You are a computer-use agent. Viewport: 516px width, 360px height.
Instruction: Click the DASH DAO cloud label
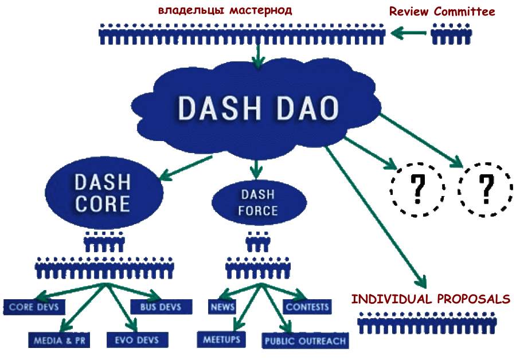pyautogui.click(x=257, y=108)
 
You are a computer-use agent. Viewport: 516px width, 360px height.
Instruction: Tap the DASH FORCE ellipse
pyautogui.click(x=259, y=202)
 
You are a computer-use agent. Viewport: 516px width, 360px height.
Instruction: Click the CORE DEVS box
pyautogui.click(x=34, y=307)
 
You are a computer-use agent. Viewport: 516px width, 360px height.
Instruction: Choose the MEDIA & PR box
pyautogui.click(x=60, y=340)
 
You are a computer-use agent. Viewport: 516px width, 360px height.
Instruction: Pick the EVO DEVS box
pyautogui.click(x=133, y=340)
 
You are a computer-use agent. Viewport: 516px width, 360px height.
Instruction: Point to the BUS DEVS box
pyautogui.click(x=160, y=307)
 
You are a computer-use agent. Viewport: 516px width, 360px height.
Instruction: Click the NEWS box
pyautogui.click(x=222, y=307)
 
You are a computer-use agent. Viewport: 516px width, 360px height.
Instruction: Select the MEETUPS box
pyautogui.click(x=221, y=339)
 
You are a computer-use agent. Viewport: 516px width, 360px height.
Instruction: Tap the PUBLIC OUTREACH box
pyautogui.click(x=305, y=341)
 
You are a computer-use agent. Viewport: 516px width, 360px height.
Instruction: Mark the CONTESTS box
pyautogui.click(x=307, y=307)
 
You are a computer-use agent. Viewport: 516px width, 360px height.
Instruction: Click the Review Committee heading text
pyautogui.click(x=441, y=11)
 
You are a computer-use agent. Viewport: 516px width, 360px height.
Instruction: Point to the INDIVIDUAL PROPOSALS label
pyautogui.click(x=430, y=299)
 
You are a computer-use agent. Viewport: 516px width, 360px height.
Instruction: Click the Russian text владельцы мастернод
pyautogui.click(x=225, y=10)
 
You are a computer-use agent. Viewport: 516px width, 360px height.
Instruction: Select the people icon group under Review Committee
pyautogui.click(x=451, y=34)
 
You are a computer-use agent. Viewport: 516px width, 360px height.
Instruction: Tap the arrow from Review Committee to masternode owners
pyautogui.click(x=408, y=34)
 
